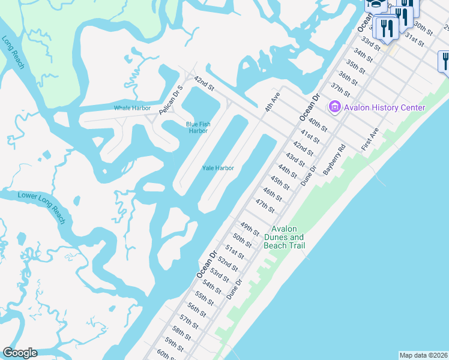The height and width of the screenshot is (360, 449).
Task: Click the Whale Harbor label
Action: point(132,108)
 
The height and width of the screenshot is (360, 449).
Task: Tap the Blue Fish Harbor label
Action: point(197,127)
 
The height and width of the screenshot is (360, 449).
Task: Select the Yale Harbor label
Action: point(217,168)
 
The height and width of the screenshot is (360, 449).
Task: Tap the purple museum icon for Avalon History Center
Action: point(334,107)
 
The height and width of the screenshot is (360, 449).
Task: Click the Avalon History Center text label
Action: point(384,108)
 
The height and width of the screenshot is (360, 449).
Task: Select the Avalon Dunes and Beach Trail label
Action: point(288,238)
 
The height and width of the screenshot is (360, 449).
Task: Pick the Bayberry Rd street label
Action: point(334,160)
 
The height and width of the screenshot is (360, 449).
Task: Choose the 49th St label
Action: point(249,229)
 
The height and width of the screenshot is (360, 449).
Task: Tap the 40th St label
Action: point(318,124)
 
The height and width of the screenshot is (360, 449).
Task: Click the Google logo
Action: point(20,353)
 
